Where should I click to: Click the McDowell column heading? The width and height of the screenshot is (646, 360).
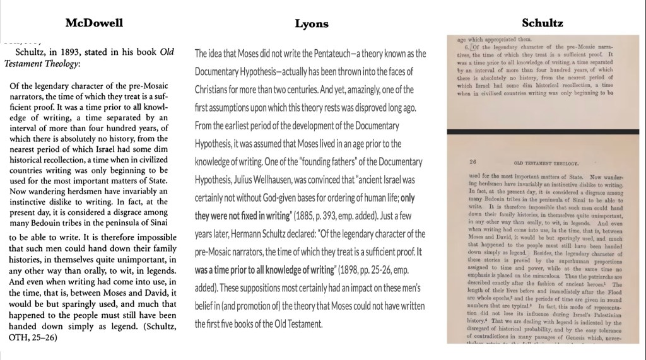[94, 23]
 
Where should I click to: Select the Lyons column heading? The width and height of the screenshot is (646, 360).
[312, 24]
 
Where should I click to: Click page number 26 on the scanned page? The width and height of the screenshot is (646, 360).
[474, 161]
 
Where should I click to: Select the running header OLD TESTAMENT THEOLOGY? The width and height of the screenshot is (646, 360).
[544, 161]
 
